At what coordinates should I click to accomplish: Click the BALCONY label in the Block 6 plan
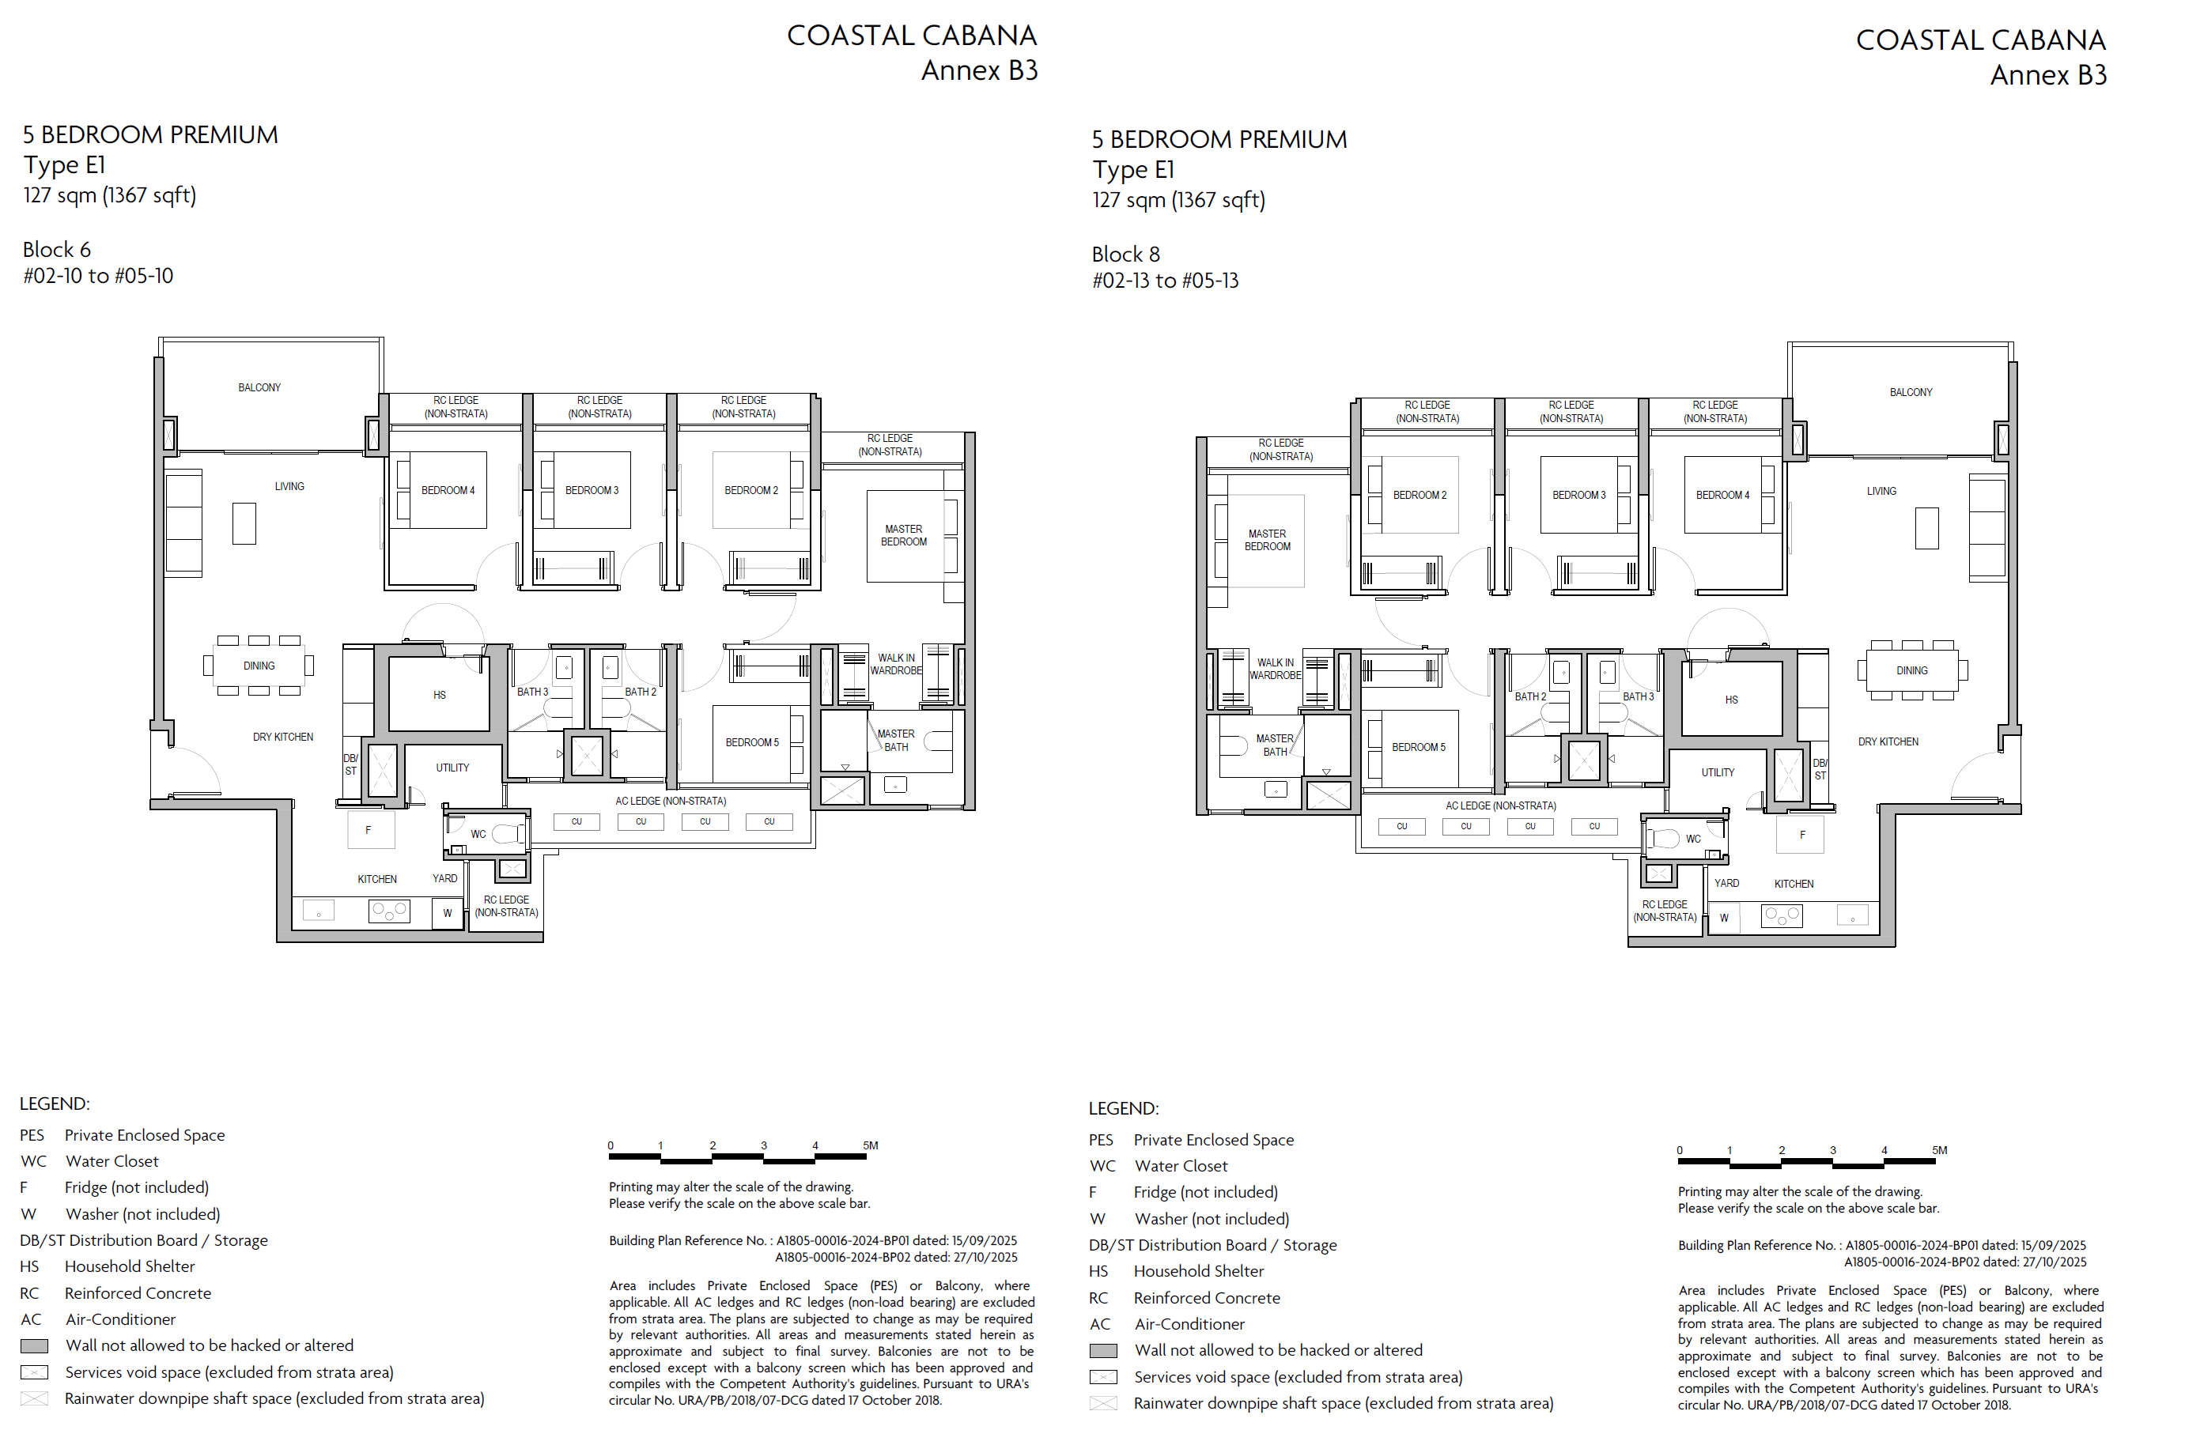(x=259, y=388)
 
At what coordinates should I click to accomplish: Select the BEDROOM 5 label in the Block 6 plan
(x=751, y=743)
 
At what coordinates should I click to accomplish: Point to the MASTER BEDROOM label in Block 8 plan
(x=1267, y=540)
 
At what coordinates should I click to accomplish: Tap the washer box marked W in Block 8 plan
(x=1723, y=918)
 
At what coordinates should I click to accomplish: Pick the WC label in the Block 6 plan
(x=478, y=835)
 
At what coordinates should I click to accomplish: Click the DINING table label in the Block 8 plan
(x=1911, y=671)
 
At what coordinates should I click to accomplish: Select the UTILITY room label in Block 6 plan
(x=452, y=768)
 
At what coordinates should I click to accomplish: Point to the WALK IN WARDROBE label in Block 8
(x=1275, y=669)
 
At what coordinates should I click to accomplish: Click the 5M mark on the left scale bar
(x=871, y=1145)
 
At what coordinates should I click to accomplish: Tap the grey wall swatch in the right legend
(x=1102, y=1351)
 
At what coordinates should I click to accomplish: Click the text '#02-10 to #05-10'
(x=98, y=277)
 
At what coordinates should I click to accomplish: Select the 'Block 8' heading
(x=1125, y=255)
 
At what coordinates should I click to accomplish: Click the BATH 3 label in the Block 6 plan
(x=532, y=692)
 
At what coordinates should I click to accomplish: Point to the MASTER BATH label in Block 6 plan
(x=895, y=741)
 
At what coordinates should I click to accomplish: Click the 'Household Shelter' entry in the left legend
(x=130, y=1267)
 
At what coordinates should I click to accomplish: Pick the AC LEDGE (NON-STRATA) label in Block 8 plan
(x=1500, y=806)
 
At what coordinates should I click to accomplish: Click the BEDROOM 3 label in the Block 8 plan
(x=1578, y=496)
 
